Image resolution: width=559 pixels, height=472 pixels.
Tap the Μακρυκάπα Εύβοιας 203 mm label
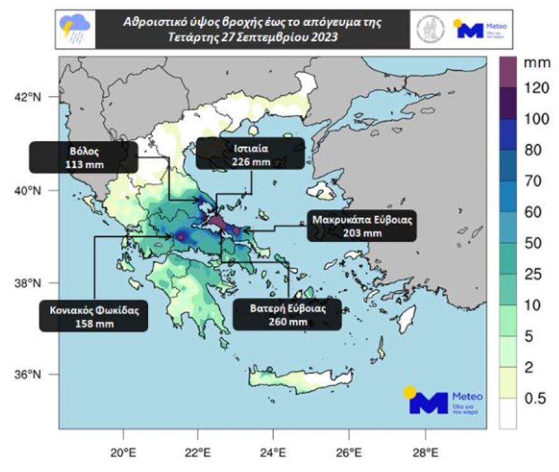pos(362,226)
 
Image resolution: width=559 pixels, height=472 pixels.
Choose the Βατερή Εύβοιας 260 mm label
pos(288,314)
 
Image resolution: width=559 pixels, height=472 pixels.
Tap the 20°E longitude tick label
pos(123,454)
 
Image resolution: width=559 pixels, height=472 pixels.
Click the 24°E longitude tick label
pos(273,454)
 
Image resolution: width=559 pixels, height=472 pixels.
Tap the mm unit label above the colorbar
pos(532,63)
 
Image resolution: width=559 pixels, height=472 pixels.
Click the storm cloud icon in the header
pos(75,29)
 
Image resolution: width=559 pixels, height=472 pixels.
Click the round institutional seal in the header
pos(431,29)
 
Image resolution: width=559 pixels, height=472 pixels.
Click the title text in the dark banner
pos(252,29)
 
